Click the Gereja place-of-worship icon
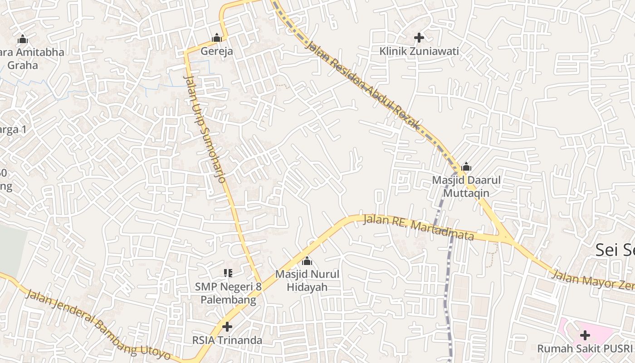click(217, 38)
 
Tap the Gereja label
click(217, 51)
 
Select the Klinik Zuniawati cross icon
click(419, 38)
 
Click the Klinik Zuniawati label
click(419, 51)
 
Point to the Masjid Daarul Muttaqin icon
click(466, 167)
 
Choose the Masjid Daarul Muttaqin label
click(466, 186)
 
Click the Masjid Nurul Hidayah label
click(307, 280)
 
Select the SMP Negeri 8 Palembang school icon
click(228, 273)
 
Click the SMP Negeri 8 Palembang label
click(228, 293)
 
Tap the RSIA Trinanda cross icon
click(227, 326)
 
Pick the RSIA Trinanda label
click(227, 340)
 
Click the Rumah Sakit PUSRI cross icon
click(585, 335)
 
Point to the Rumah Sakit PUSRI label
click(585, 348)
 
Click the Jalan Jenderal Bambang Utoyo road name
click(98, 324)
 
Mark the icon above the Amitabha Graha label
click(22, 39)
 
